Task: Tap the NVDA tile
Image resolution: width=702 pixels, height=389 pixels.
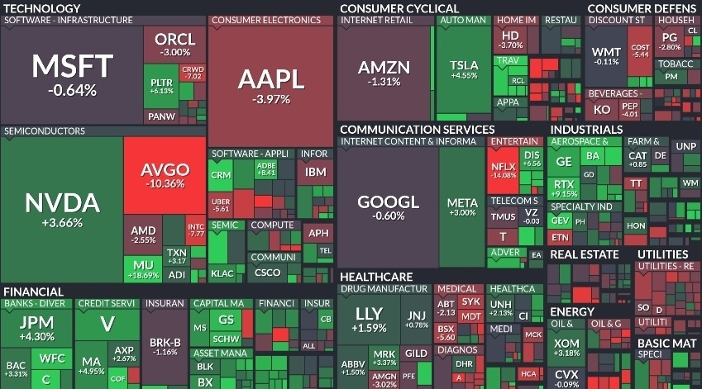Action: click(62, 208)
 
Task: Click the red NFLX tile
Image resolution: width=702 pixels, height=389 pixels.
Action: click(504, 169)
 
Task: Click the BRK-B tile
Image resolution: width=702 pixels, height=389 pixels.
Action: click(165, 345)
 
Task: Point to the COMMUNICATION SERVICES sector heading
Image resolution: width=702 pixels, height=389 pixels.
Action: click(417, 130)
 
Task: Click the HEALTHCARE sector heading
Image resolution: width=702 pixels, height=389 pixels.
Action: click(376, 276)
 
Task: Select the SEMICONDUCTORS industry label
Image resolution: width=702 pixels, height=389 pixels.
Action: click(44, 131)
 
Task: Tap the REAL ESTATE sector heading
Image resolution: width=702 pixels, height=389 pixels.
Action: click(585, 254)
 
